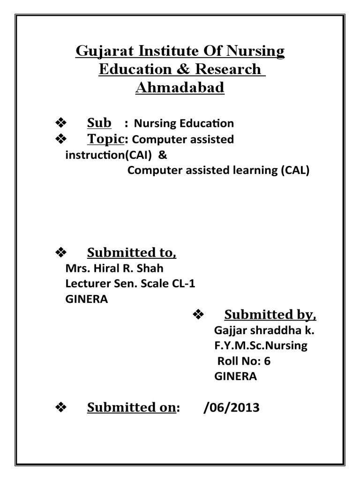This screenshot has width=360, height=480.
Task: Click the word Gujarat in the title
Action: [x=99, y=51]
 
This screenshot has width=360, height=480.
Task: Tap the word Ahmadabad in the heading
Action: [x=180, y=87]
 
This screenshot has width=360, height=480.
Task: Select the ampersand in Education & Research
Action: [x=185, y=69]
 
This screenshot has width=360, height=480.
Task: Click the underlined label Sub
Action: [x=99, y=123]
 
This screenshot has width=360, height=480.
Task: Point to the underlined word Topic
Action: [x=105, y=139]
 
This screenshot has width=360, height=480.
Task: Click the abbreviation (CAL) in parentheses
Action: [x=296, y=171]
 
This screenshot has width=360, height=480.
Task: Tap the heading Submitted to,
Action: [x=132, y=253]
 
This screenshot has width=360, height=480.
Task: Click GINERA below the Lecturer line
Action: [x=86, y=300]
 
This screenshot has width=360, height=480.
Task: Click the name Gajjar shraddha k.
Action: [x=264, y=330]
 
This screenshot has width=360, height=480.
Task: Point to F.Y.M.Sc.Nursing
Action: [x=261, y=346]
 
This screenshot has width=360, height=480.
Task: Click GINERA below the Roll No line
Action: [x=235, y=377]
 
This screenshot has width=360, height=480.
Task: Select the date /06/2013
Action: [x=231, y=408]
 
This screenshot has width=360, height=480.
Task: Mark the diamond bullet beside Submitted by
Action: [x=197, y=314]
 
